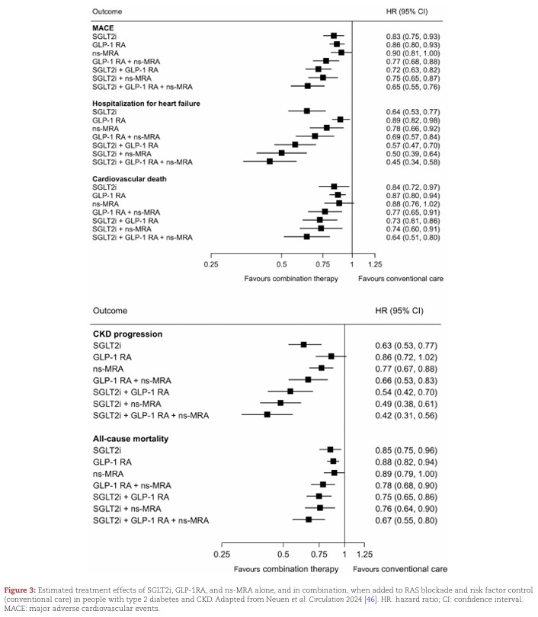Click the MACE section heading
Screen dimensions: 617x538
click(x=103, y=28)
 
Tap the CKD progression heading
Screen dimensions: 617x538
click(x=129, y=334)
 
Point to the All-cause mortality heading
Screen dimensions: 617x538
click(x=130, y=439)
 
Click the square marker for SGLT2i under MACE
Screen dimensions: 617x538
click(x=334, y=36)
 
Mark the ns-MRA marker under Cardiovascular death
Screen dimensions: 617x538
click(x=339, y=203)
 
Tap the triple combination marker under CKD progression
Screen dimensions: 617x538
click(x=267, y=414)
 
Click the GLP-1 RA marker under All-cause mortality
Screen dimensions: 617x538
click(x=333, y=462)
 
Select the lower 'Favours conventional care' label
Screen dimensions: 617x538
click(x=400, y=569)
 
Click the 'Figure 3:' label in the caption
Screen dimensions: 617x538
click(x=24, y=590)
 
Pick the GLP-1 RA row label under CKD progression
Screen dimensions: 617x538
click(x=112, y=356)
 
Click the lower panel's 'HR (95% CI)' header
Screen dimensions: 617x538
click(x=399, y=312)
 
